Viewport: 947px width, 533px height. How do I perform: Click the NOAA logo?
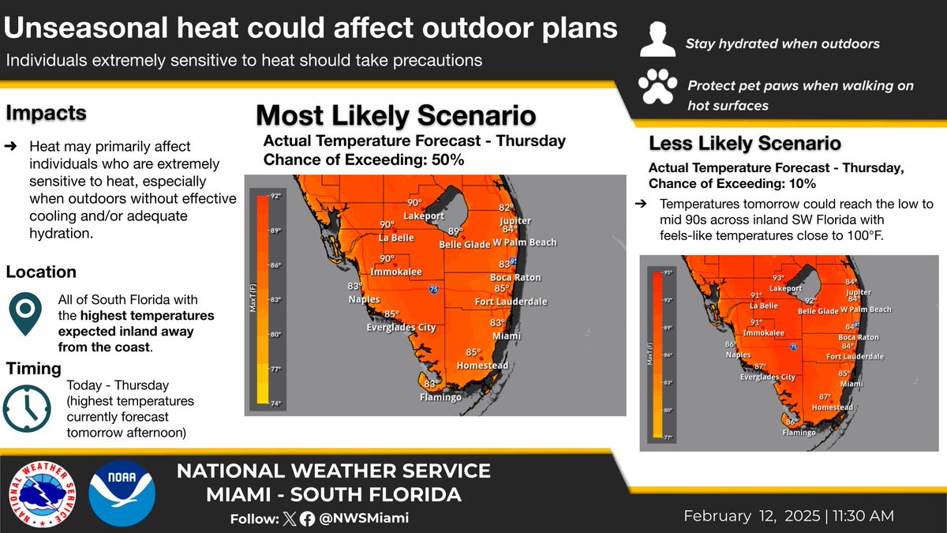click(122, 490)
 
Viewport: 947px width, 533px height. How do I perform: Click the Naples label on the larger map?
click(365, 299)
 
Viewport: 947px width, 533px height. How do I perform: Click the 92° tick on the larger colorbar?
click(275, 196)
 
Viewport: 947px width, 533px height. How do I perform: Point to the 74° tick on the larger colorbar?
click(275, 404)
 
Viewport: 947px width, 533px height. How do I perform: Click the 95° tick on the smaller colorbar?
click(667, 272)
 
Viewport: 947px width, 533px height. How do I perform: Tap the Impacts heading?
click(46, 114)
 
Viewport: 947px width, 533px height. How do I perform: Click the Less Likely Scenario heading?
click(743, 144)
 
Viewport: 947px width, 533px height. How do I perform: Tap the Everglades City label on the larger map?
click(401, 328)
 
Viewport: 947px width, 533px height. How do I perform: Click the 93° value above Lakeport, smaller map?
click(778, 278)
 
